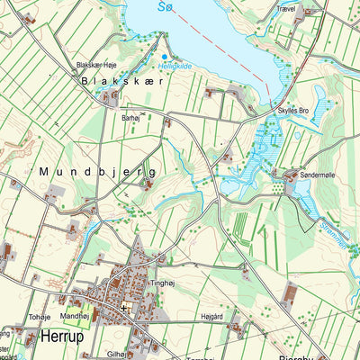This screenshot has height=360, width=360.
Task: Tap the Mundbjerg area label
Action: pos(97,171)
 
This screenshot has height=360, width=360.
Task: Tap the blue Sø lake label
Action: pos(163,7)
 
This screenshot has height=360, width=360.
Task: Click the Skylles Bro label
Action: pos(293,110)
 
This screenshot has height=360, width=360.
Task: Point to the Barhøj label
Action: pos(131,117)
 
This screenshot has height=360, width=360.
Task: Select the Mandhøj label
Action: pos(75,317)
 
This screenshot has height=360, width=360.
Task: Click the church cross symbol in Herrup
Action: pos(123,308)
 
